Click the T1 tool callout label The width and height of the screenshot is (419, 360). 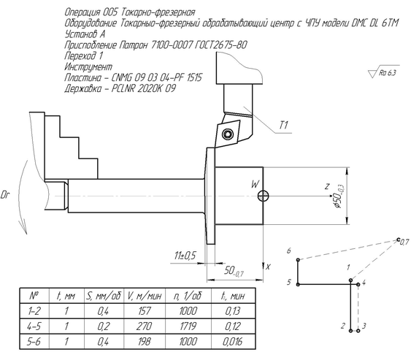click(x=284, y=125)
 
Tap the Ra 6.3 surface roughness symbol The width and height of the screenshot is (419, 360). click(x=384, y=72)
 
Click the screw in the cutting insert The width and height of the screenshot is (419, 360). click(x=228, y=134)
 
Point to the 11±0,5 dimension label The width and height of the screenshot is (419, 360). click(x=185, y=256)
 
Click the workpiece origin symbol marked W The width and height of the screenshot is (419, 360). click(x=264, y=196)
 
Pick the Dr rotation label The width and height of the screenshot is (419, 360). click(x=6, y=195)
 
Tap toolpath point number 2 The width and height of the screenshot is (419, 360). click(x=350, y=331)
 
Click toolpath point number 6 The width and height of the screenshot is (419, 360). click(x=299, y=259)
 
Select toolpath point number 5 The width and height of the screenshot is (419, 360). click(x=299, y=284)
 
